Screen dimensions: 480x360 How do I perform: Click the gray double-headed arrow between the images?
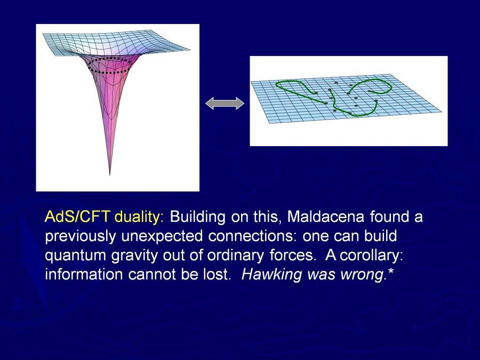coord(225,103)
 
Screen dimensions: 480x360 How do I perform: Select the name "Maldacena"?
coord(326,217)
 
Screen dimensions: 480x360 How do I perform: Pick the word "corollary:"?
coord(371,255)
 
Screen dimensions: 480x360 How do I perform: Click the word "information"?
coord(84,274)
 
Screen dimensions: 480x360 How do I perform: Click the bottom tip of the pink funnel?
coord(110,175)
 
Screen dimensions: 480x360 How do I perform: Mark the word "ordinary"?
coord(235,256)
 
